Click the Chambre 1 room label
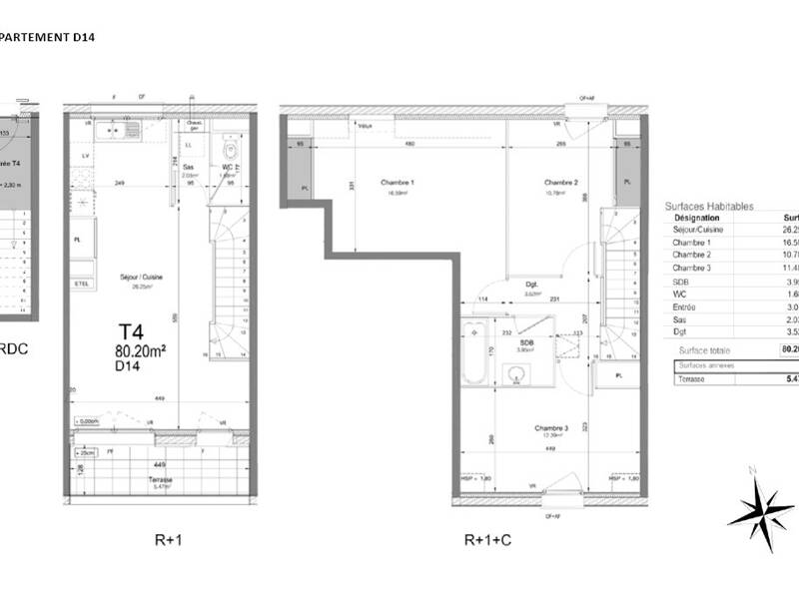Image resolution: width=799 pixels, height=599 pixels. pyautogui.click(x=398, y=183)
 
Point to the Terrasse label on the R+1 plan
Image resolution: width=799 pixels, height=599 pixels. pyautogui.click(x=160, y=479)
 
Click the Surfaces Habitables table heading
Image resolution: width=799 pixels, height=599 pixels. pyautogui.click(x=709, y=206)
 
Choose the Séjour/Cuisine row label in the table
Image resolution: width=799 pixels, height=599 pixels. pyautogui.click(x=698, y=230)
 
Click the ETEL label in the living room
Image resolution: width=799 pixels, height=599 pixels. pyautogui.click(x=80, y=284)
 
